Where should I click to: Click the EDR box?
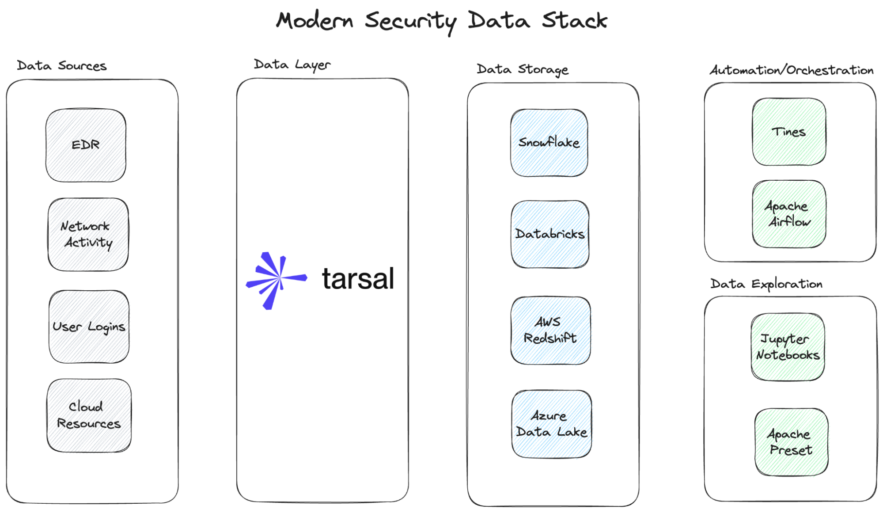[86, 145]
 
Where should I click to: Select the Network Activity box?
[88, 234]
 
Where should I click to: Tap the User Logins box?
[89, 327]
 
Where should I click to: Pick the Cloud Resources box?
[89, 415]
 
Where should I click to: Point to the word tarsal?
[358, 279]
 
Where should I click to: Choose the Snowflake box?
[549, 143]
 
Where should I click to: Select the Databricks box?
[550, 234]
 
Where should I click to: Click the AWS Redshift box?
[550, 330]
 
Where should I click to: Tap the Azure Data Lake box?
[551, 424]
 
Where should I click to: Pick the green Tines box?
[789, 132]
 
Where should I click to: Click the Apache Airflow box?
[789, 213]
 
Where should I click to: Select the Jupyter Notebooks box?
[788, 347]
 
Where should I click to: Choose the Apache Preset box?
[791, 442]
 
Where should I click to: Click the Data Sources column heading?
[62, 66]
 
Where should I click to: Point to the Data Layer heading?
[292, 65]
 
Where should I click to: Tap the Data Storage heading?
[523, 69]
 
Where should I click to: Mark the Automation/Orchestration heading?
[791, 70]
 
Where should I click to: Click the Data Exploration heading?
[766, 284]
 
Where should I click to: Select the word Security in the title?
[411, 21]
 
